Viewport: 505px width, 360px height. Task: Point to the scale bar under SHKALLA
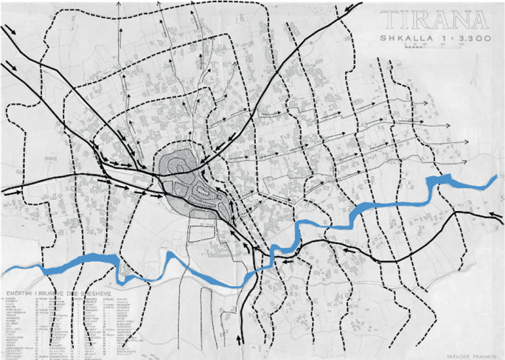click(x=432, y=46)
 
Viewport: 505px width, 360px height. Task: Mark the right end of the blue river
click(x=495, y=179)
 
